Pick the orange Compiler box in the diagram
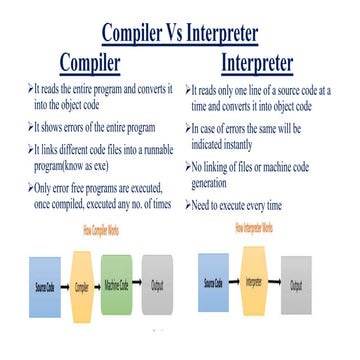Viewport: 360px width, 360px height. click(80, 284)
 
